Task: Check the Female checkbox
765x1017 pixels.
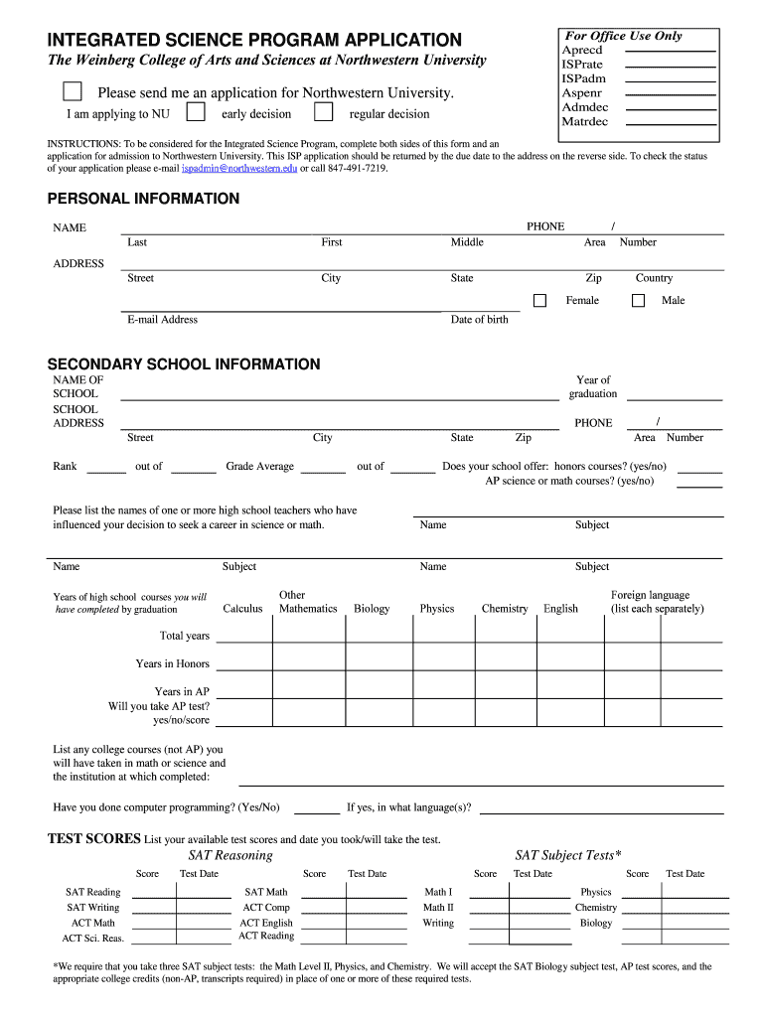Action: coord(539,301)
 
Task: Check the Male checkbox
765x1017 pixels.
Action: coord(638,301)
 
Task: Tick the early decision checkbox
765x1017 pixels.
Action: coord(197,110)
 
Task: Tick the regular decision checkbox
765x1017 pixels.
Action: coord(324,110)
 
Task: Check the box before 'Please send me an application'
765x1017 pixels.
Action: coord(73,92)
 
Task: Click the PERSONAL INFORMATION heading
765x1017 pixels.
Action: coord(144,199)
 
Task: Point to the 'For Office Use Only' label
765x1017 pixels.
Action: coord(624,36)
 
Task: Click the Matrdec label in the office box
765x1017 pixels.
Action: coord(585,121)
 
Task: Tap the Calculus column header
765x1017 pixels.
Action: coord(242,609)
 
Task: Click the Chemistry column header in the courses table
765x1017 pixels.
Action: coord(505,609)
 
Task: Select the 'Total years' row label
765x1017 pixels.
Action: coord(185,636)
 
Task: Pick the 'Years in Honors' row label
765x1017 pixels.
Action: coord(173,663)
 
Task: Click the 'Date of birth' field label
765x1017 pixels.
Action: coord(479,320)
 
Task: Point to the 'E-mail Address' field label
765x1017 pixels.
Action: coord(162,320)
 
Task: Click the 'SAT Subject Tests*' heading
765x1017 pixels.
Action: coord(568,855)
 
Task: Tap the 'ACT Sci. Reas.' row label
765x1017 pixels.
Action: coord(92,938)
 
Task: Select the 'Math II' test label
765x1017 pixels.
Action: coord(438,908)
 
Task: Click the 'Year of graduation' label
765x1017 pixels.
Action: coord(593,386)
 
